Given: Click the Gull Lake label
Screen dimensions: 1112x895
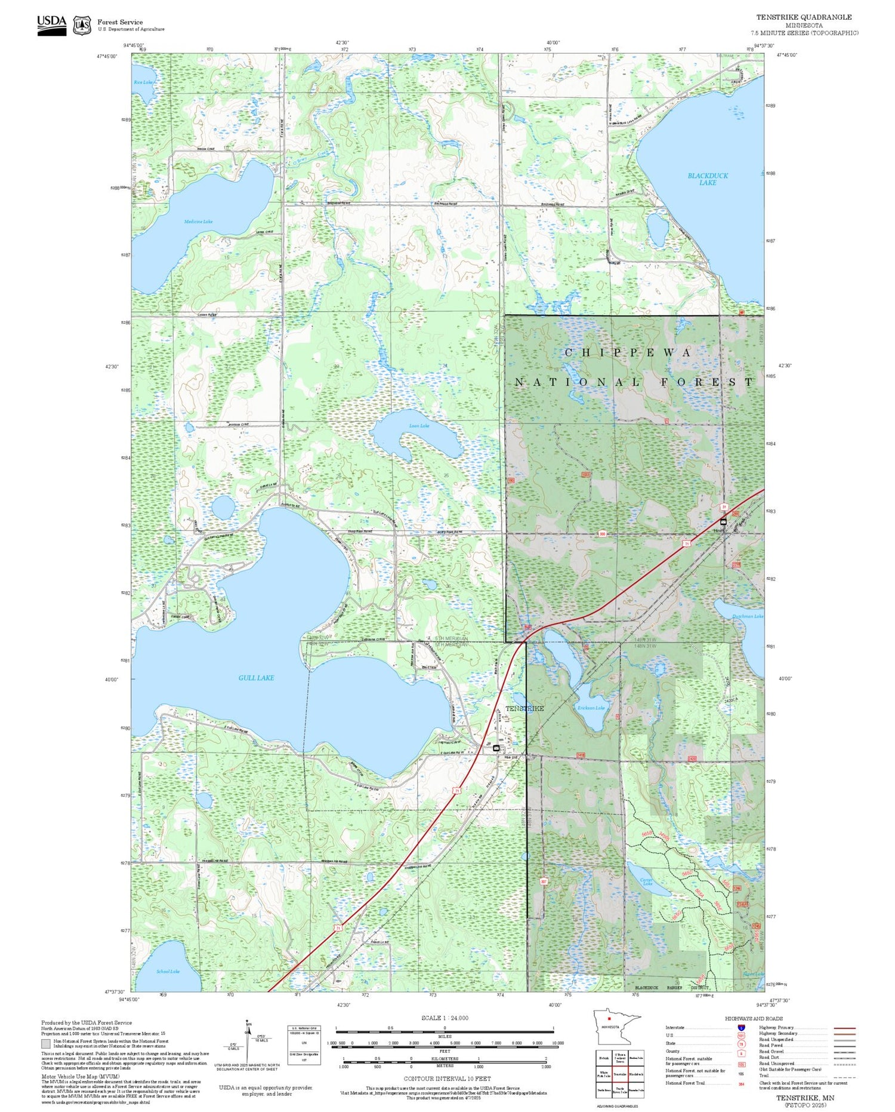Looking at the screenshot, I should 256,678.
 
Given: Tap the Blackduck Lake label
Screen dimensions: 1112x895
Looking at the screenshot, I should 708,179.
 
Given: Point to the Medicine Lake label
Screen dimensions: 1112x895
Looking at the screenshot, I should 198,222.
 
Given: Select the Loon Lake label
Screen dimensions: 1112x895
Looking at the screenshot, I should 419,426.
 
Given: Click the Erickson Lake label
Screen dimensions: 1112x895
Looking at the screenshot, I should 591,708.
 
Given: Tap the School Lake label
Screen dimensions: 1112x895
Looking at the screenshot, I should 168,972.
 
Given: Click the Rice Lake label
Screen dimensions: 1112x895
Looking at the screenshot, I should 143,82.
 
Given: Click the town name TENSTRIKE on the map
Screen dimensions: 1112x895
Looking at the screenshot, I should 524,708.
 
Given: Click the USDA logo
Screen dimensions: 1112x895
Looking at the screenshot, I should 52,25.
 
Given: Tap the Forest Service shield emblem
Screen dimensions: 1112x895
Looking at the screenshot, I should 82,26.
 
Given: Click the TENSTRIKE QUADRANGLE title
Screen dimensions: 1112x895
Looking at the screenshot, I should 804,17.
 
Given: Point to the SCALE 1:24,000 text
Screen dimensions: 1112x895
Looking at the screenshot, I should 445,1018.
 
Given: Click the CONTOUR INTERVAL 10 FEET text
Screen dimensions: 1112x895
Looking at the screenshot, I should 447,1079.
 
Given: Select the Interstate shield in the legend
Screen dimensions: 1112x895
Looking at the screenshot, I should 741,1028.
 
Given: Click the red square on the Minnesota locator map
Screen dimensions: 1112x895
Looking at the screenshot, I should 609,1019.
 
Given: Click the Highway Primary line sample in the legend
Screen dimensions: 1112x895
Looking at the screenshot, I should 842,1028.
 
